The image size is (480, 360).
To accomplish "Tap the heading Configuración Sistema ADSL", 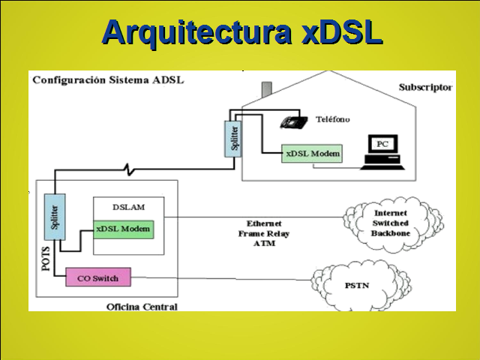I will [x=107, y=80].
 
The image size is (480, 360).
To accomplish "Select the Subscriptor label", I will [x=425, y=87].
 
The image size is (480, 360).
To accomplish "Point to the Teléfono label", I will [x=332, y=120].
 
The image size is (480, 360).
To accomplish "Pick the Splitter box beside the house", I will [x=234, y=139].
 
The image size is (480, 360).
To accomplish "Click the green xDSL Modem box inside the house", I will [x=313, y=153].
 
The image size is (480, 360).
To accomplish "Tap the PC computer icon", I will [x=382, y=151].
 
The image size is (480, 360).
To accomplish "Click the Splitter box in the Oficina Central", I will [x=54, y=214].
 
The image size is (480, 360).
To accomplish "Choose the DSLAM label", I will [x=127, y=206].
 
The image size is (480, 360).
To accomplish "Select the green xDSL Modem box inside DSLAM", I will [x=124, y=229].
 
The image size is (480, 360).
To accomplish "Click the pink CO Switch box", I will [x=98, y=278].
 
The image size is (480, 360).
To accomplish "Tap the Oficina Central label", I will [x=142, y=307].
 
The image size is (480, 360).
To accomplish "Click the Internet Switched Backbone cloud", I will [x=390, y=223].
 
